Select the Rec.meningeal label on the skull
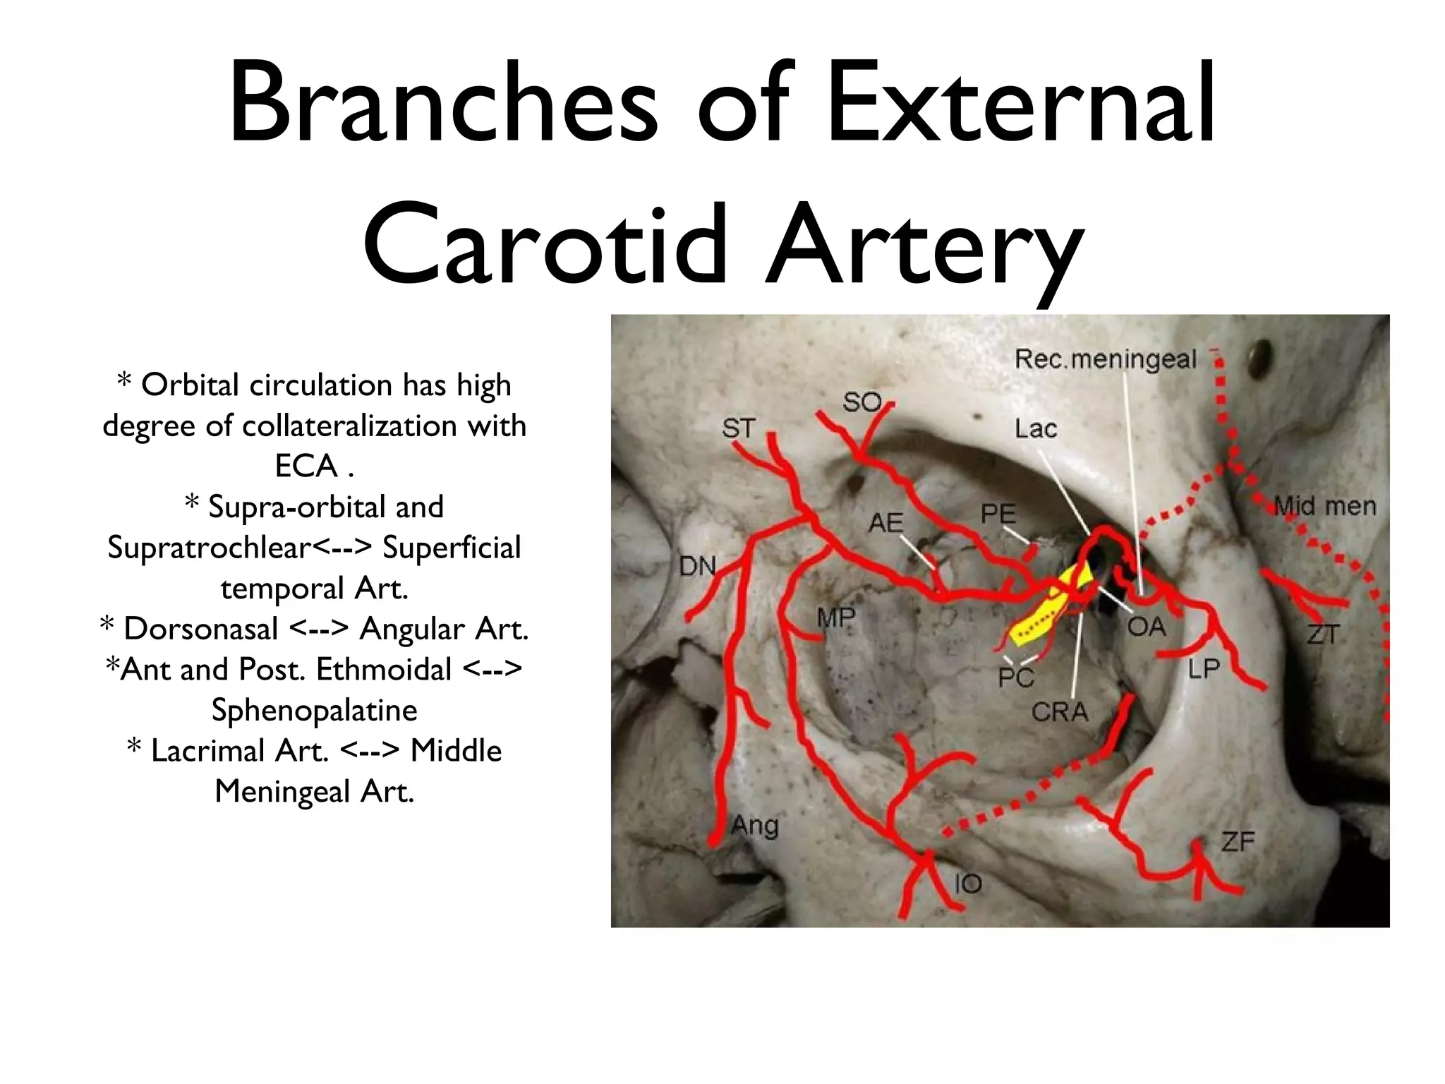[x=1105, y=360]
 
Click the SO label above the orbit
[x=861, y=402]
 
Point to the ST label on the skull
[x=738, y=428]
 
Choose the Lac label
[x=1036, y=428]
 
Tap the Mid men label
[x=1324, y=506]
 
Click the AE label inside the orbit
[x=885, y=523]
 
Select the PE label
[x=998, y=514]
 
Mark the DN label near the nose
[x=697, y=566]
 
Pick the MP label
[x=836, y=618]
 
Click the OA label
[x=1146, y=626]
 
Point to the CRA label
[x=1060, y=712]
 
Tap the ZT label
[x=1322, y=634]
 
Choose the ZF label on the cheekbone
[x=1238, y=841]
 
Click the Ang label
[x=754, y=824]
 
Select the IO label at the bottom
[x=967, y=883]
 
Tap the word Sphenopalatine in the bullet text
[x=314, y=710]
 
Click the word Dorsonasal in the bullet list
[x=200, y=629]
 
